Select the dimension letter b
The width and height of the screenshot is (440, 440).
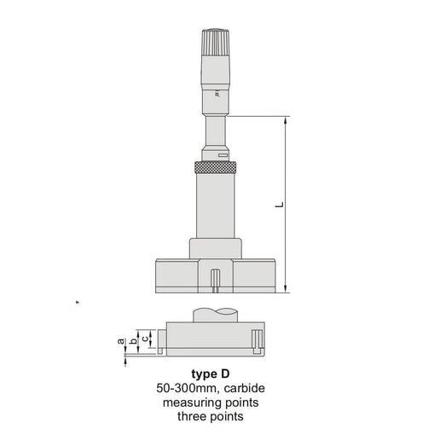tap(133, 338)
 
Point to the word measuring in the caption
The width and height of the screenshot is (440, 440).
tap(194, 402)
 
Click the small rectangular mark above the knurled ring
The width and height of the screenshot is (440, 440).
tap(223, 155)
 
